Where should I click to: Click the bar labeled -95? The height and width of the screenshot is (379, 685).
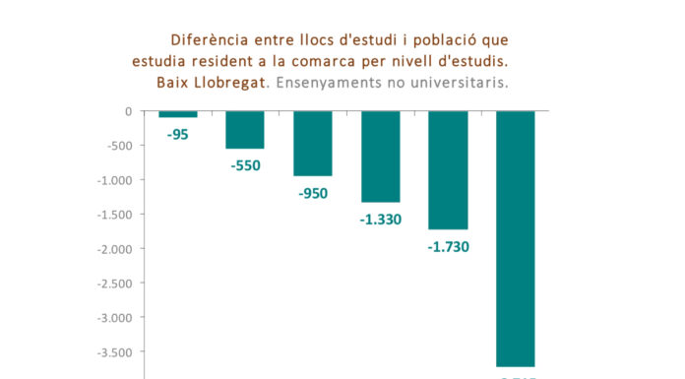click(178, 114)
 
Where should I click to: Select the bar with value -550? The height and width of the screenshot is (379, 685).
click(245, 130)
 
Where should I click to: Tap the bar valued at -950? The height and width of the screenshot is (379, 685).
click(313, 144)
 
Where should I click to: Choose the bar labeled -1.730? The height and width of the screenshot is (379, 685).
click(448, 170)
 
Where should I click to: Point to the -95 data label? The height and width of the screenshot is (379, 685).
click(178, 134)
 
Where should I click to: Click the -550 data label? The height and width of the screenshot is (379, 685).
click(245, 165)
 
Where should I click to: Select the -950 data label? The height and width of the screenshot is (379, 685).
click(313, 193)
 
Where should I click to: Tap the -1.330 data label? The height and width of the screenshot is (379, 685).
click(380, 220)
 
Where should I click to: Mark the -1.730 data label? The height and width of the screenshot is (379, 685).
click(448, 246)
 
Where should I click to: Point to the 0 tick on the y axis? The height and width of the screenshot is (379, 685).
click(128, 111)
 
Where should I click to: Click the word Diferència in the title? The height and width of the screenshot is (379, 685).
click(207, 40)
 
